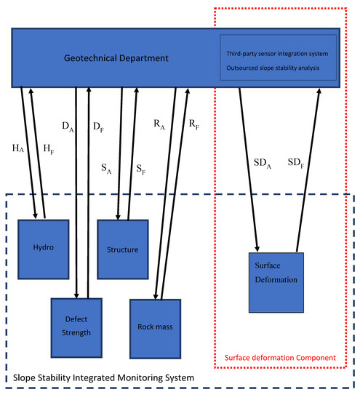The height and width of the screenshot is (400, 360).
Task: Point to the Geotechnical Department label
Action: coord(105,57)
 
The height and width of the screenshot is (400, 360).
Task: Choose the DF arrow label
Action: coord(96,128)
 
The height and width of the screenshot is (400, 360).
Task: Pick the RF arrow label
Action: coord(194,124)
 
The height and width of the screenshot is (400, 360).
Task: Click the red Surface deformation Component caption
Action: coord(281,359)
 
